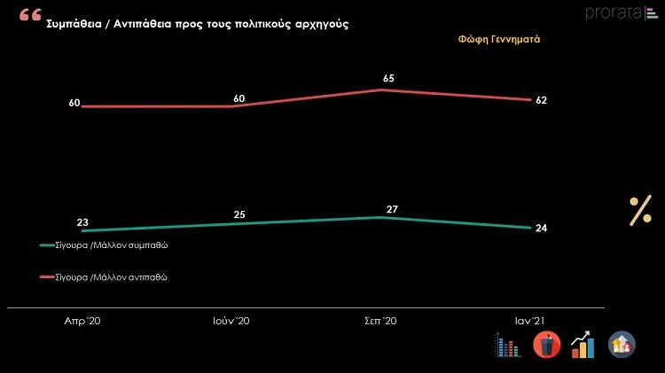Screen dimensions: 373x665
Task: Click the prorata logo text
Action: point(613,12)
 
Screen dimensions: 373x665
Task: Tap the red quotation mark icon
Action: point(30,15)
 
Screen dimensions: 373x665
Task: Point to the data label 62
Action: point(541,100)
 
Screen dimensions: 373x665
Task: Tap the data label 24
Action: point(541,229)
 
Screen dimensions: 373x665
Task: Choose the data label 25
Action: point(239,214)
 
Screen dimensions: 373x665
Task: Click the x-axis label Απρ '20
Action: point(82,320)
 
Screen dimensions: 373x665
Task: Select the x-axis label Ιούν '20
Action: point(232,320)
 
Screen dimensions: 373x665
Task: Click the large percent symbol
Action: point(640,211)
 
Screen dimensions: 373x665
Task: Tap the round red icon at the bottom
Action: point(546,345)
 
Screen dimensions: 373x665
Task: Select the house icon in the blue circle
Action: point(621,345)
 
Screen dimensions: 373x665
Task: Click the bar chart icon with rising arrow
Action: point(583,345)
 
